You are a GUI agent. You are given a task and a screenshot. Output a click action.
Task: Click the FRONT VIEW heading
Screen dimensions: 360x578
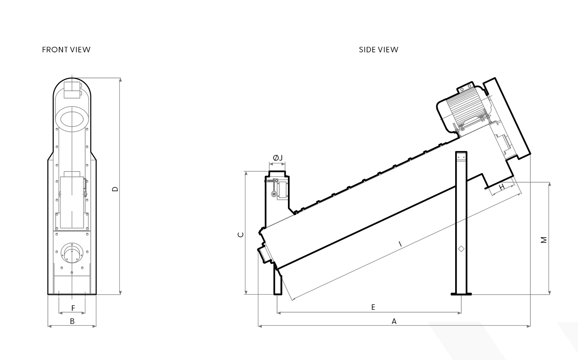point(66,49)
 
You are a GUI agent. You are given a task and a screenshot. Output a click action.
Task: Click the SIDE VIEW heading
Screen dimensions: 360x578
point(378,49)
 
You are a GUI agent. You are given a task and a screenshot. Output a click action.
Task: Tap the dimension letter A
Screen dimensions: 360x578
point(394,321)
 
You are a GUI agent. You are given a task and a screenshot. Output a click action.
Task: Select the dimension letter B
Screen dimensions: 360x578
point(72,321)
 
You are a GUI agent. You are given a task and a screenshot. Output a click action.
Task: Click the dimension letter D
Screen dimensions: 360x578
point(115,189)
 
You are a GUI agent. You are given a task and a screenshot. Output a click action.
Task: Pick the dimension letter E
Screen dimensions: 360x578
point(373,307)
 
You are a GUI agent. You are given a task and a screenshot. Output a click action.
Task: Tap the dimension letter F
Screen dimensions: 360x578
point(73,308)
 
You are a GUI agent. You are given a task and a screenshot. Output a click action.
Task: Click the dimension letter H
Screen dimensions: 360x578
point(502,187)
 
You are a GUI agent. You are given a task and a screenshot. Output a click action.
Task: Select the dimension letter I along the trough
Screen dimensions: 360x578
point(400,244)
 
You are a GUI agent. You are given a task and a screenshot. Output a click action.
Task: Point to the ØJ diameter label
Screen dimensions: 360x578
point(277,158)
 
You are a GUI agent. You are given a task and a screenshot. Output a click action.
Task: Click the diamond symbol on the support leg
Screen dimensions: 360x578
point(461,248)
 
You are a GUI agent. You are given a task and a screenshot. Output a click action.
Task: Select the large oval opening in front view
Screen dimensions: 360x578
point(72,119)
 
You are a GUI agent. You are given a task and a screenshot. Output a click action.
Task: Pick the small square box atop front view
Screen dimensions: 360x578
point(72,89)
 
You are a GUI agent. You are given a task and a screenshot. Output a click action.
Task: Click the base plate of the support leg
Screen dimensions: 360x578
point(461,294)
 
